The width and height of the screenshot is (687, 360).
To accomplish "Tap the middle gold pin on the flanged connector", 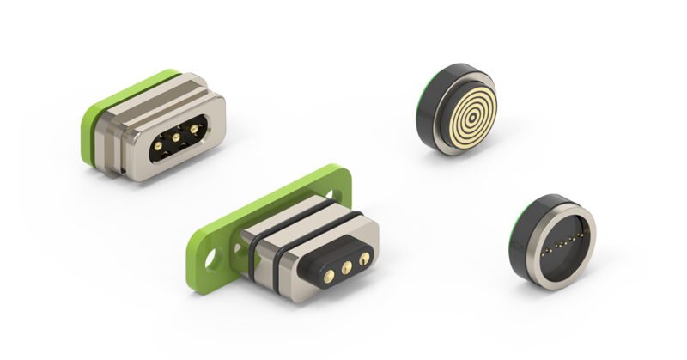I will (x=347, y=267).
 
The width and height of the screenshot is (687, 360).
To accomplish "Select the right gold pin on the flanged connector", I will (x=365, y=259).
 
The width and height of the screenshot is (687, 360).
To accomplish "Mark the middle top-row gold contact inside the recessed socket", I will (x=175, y=135).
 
